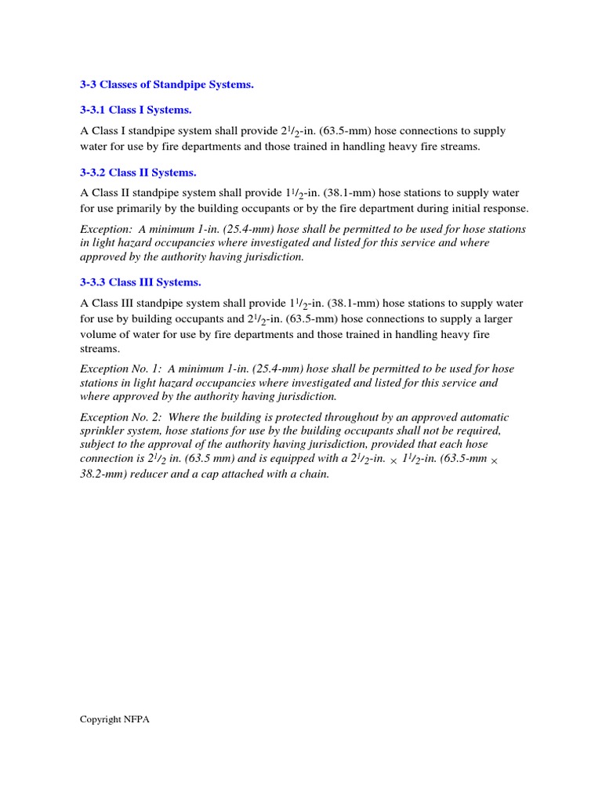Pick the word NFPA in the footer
tap(136, 719)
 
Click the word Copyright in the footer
tap(100, 719)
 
